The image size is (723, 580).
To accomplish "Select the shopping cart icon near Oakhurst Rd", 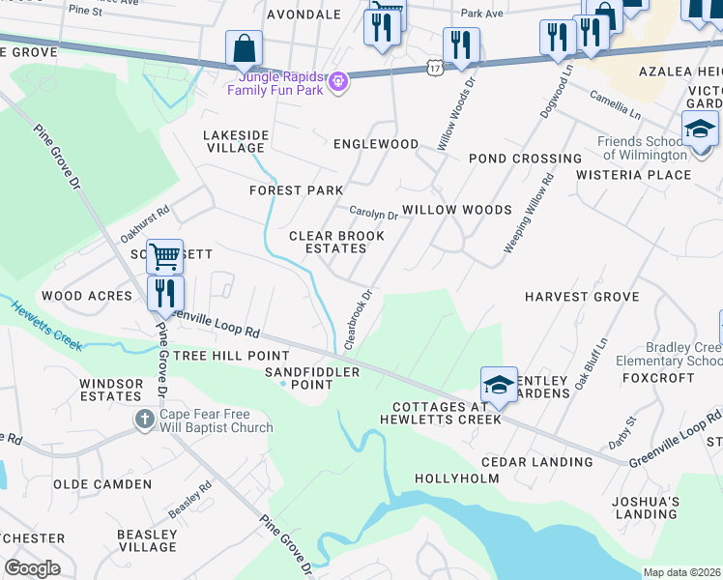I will (x=165, y=257).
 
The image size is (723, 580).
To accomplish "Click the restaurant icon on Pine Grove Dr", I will (x=165, y=292).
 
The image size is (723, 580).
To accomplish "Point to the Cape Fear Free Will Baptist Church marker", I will (x=145, y=420).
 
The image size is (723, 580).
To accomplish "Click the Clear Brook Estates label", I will (x=328, y=242).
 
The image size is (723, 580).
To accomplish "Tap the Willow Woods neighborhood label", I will (x=456, y=210).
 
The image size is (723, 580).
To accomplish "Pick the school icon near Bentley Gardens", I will (x=499, y=384).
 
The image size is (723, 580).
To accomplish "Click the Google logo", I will (x=32, y=568).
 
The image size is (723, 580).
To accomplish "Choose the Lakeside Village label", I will (x=233, y=141).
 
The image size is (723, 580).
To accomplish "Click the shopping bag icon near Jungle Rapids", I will (x=245, y=47).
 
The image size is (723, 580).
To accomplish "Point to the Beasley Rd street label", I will (x=189, y=500).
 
